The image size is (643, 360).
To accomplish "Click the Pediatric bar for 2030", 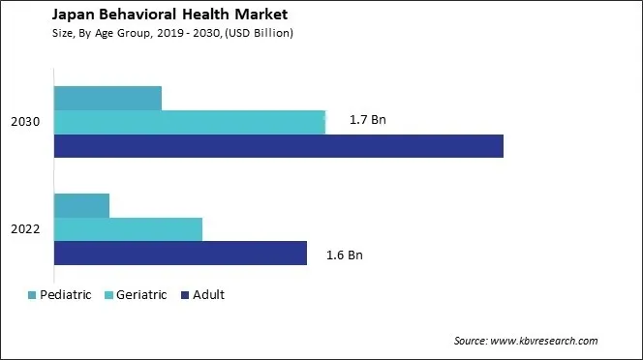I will click(107, 98).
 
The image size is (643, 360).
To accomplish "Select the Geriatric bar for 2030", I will click(190, 122).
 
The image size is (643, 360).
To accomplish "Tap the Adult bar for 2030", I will click(279, 145).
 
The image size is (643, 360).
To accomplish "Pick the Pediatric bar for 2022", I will click(81, 205).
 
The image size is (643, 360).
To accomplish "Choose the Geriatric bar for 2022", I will click(128, 229).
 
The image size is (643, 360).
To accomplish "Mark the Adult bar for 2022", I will click(180, 253).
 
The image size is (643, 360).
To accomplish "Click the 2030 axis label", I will click(25, 122).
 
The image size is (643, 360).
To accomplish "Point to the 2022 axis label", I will click(25, 229).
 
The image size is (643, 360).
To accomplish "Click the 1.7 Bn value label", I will click(367, 122).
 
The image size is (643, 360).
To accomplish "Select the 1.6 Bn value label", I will click(345, 255).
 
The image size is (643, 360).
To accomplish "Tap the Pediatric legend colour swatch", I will click(32, 295).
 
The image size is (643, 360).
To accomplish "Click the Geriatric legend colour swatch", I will click(107, 295).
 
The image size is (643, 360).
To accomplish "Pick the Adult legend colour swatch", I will click(184, 295).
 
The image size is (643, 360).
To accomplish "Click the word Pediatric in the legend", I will click(66, 295).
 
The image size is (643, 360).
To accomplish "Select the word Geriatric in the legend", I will click(141, 295).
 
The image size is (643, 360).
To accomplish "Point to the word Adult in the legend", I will click(208, 295).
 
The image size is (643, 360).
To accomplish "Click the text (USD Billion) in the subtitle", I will click(258, 33).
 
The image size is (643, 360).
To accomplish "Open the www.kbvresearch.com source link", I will click(544, 341).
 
